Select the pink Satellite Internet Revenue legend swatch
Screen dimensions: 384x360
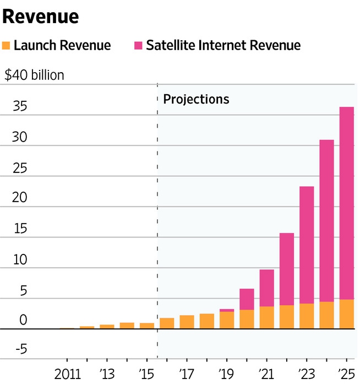point(138,45)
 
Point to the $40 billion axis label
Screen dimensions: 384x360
point(34,75)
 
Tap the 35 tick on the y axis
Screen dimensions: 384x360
point(13,107)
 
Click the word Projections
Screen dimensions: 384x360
point(196,99)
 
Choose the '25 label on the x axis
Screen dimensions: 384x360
point(346,372)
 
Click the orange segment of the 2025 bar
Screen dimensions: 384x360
point(346,314)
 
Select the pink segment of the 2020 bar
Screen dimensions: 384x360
point(247,299)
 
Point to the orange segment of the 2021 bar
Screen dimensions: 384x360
point(266,317)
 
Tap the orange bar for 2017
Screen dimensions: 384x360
point(187,322)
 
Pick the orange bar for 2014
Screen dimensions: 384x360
point(127,326)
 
